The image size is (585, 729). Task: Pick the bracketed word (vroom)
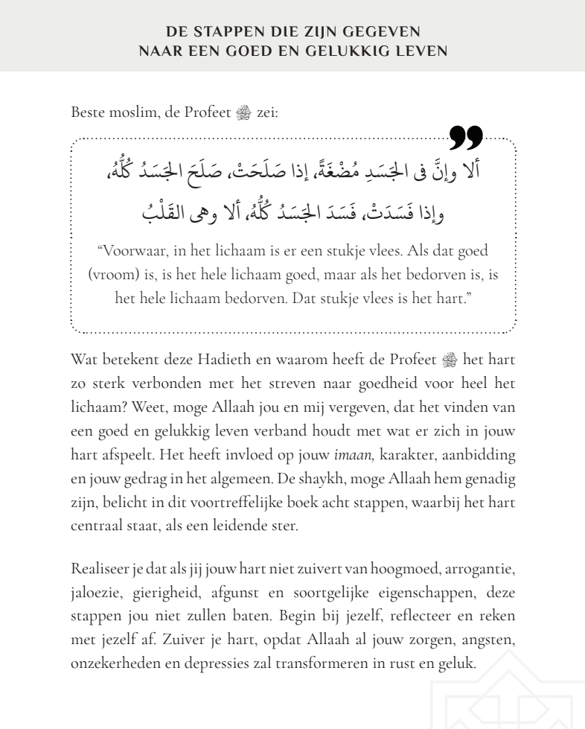[112, 275]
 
